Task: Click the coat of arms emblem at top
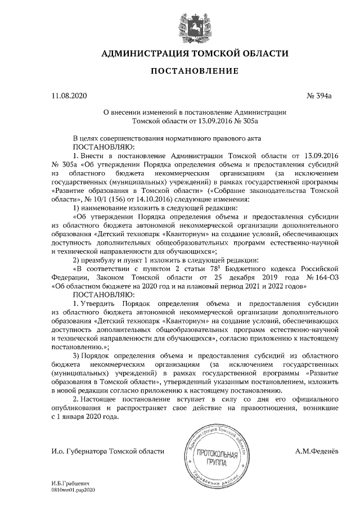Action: [x=180, y=27]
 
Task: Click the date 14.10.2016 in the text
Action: [x=157, y=199]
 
